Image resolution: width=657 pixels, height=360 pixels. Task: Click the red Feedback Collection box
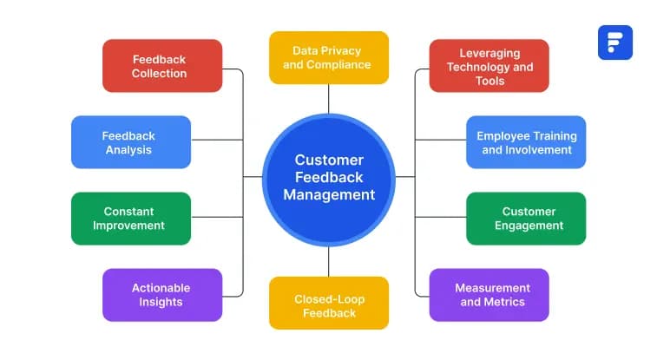tap(161, 66)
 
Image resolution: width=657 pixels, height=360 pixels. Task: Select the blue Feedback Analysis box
tap(130, 142)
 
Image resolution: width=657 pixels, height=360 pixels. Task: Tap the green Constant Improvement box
tap(130, 219)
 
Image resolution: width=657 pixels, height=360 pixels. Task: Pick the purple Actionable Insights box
tap(161, 295)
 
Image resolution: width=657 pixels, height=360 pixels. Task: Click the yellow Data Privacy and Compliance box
tap(328, 58)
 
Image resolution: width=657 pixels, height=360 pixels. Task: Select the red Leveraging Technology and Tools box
tap(489, 66)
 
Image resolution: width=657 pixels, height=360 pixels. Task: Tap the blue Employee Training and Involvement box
tap(526, 142)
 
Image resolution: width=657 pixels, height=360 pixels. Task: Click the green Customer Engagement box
tap(526, 219)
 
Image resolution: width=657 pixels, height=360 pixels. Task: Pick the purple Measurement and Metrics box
tap(489, 295)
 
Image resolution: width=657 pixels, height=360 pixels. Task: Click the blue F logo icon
tap(614, 43)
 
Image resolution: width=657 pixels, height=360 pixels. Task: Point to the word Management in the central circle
tap(329, 195)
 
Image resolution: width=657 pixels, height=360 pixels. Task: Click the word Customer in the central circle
tap(329, 160)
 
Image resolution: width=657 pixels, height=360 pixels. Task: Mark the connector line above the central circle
tap(328, 98)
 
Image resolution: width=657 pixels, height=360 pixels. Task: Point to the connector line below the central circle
tap(328, 262)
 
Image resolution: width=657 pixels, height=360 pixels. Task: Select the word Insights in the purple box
tap(161, 302)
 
